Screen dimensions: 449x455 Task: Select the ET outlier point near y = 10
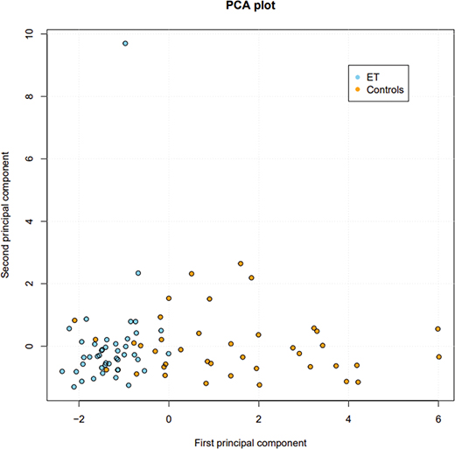click(125, 43)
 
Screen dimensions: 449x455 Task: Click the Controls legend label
click(386, 89)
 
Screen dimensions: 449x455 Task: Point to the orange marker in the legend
click(357, 89)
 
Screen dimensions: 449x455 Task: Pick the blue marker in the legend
click(357, 76)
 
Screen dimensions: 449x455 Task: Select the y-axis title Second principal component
click(8, 215)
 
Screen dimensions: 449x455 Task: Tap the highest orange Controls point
click(241, 263)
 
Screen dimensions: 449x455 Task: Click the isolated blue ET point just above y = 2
click(138, 273)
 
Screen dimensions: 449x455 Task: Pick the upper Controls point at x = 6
click(438, 329)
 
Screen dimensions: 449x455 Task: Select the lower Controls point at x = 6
click(439, 356)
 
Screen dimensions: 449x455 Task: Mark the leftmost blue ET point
click(62, 371)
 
